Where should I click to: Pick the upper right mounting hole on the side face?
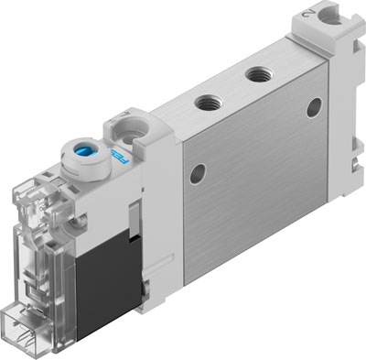coord(314,108)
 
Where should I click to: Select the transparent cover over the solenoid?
coord(46,247)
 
